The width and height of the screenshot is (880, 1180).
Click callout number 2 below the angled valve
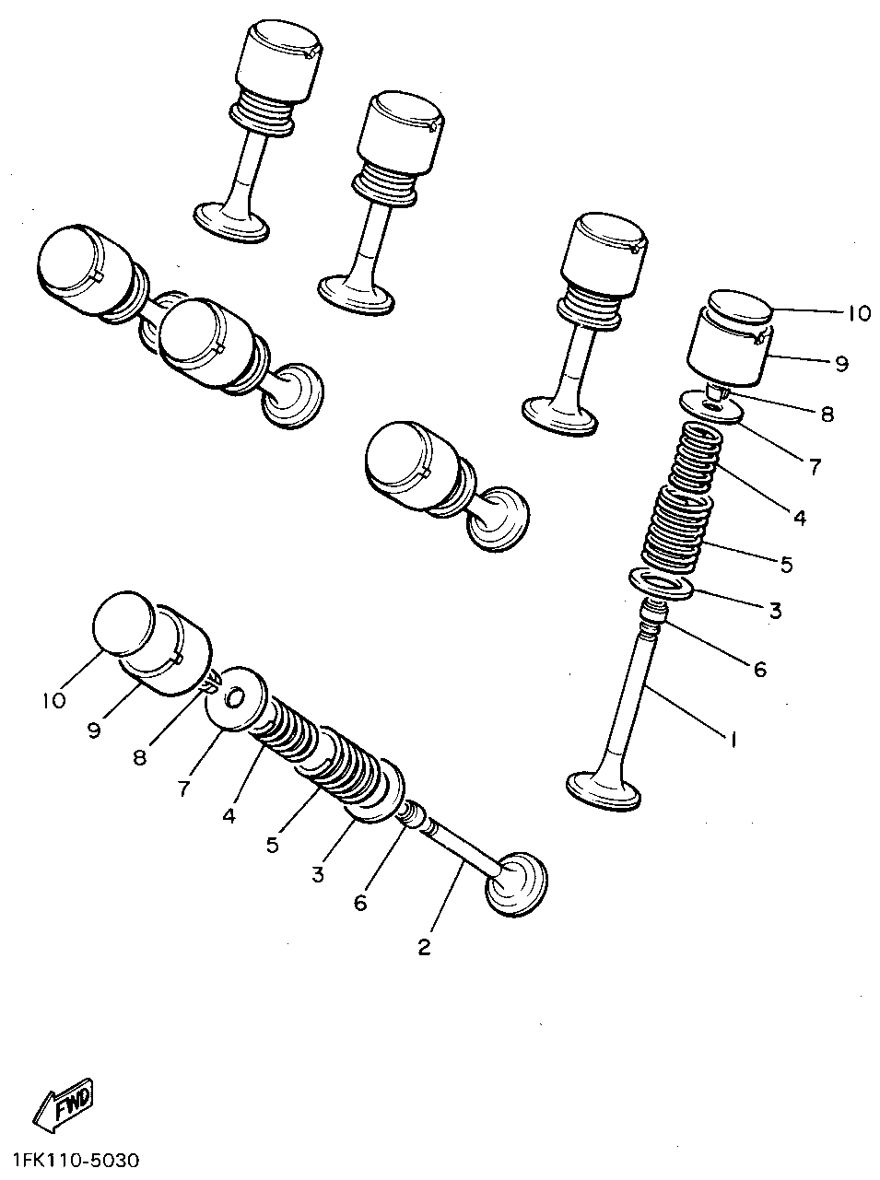pyautogui.click(x=425, y=947)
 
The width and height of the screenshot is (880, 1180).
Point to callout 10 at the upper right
pyautogui.click(x=856, y=314)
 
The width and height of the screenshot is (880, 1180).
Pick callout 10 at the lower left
pyautogui.click(x=53, y=700)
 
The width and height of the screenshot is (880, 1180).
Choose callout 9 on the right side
pyautogui.click(x=840, y=364)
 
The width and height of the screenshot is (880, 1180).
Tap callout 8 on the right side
pyautogui.click(x=827, y=415)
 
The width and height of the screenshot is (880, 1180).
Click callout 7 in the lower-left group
pyautogui.click(x=184, y=789)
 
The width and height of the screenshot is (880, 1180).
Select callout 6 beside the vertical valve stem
pyautogui.click(x=759, y=670)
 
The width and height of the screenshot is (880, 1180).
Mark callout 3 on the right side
pyautogui.click(x=774, y=610)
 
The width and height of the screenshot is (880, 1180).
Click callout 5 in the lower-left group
pyautogui.click(x=273, y=844)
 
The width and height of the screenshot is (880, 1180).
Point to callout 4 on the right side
pyautogui.click(x=799, y=518)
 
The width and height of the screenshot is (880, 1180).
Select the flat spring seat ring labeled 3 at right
pyautogui.click(x=661, y=584)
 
